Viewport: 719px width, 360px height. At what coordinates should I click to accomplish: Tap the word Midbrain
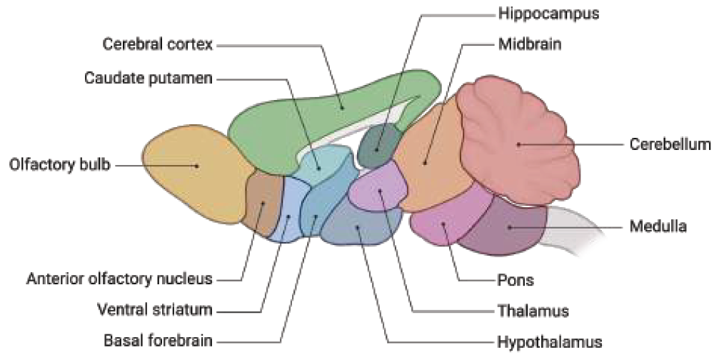[x=530, y=44]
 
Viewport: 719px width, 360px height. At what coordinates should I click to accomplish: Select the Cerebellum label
[x=670, y=144]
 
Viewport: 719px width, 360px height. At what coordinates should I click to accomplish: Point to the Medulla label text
[x=658, y=227]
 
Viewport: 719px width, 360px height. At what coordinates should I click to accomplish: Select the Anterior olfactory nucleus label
[x=119, y=279]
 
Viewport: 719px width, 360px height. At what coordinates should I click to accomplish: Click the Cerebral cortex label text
[x=157, y=45]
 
